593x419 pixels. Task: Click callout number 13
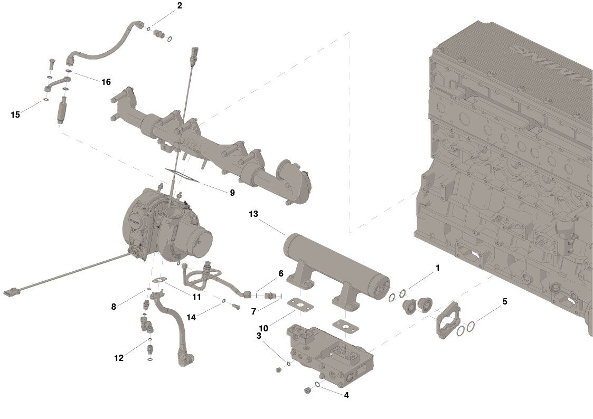click(x=253, y=214)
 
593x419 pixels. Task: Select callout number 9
click(x=232, y=193)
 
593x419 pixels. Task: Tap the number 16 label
click(x=106, y=82)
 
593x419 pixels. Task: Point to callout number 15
click(x=15, y=114)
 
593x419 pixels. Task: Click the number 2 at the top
click(x=180, y=6)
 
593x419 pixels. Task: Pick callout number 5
click(x=505, y=302)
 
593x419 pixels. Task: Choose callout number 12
click(x=119, y=358)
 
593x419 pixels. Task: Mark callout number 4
click(x=346, y=395)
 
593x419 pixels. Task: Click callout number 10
click(x=263, y=328)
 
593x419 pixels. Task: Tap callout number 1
click(x=437, y=268)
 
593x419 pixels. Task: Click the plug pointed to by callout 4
click(x=305, y=391)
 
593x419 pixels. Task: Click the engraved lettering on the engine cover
click(x=549, y=63)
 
